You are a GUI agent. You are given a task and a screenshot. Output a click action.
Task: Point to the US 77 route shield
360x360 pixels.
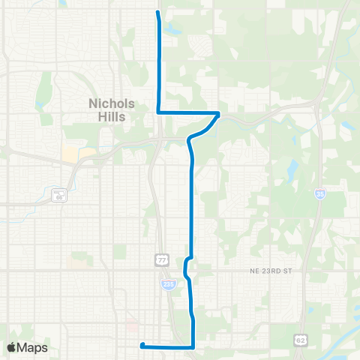click(x=161, y=259)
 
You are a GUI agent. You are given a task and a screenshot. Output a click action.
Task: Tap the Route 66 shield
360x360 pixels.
click(x=59, y=196)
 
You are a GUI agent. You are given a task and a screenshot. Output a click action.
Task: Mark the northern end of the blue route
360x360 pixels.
click(x=157, y=12)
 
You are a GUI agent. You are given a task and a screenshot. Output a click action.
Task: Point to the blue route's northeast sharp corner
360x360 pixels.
click(x=218, y=113)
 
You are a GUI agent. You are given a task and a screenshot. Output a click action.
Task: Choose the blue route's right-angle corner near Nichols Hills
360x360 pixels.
click(x=158, y=112)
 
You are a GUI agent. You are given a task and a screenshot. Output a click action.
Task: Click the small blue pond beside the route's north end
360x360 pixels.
click(x=173, y=31)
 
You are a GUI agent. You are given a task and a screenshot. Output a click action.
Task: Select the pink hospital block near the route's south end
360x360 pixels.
click(x=133, y=327)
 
